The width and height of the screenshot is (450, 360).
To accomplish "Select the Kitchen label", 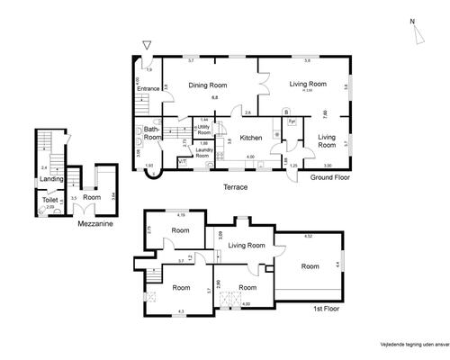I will (x=251, y=138).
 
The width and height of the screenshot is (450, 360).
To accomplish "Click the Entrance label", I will (x=148, y=88).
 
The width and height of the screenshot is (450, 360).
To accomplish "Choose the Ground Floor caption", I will (x=329, y=177).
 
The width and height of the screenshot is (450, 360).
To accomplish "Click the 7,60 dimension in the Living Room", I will (x=325, y=113).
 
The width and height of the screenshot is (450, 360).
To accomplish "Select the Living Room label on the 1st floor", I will (x=246, y=245).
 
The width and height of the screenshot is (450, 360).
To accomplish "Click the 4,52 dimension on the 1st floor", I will (x=308, y=236).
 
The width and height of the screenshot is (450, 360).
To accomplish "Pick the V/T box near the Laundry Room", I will (x=182, y=161).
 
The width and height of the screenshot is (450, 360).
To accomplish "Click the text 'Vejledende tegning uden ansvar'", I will (x=406, y=342).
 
